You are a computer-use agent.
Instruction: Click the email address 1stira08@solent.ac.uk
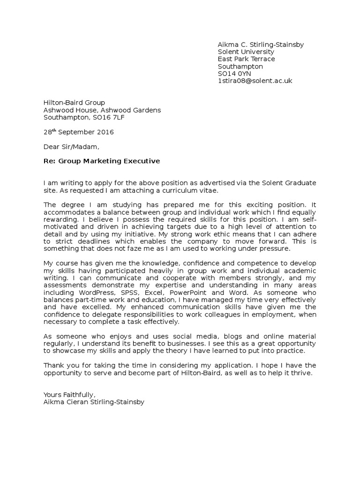coord(255,81)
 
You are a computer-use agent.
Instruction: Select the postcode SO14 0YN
coord(235,74)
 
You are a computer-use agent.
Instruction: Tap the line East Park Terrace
coord(246,59)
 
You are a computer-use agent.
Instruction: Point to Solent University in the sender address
coord(246,52)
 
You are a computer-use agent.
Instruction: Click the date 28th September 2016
coord(78,132)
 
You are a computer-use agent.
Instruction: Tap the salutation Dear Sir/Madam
coord(71,147)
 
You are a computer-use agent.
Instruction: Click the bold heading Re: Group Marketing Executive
coord(101,161)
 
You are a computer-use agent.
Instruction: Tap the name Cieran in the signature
coord(77,402)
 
